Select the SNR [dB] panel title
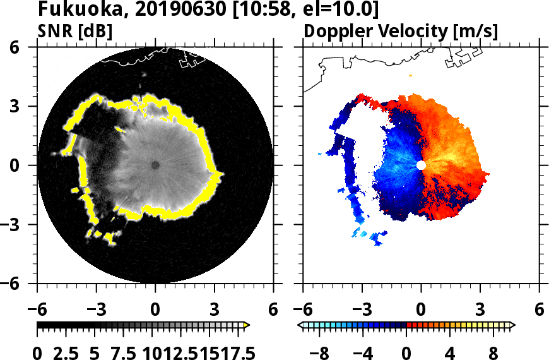[x=75, y=31]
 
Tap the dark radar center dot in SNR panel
[x=155, y=165]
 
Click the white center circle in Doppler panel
[x=421, y=165]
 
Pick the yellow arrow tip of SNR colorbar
[x=247, y=325]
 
